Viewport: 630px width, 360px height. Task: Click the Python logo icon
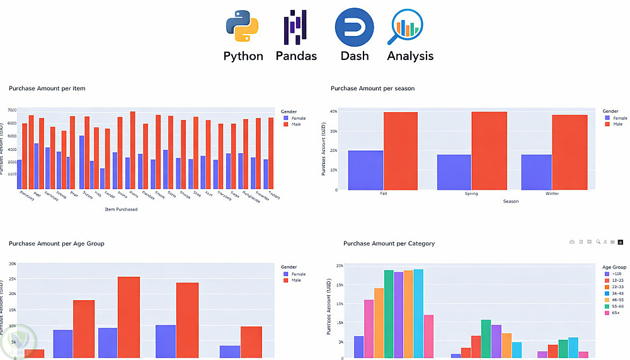click(243, 26)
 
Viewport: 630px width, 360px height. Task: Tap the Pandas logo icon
click(295, 26)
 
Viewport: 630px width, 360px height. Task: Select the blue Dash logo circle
click(354, 27)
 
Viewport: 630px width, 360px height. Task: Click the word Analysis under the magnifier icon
click(410, 56)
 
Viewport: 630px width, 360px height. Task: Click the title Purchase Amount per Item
click(47, 89)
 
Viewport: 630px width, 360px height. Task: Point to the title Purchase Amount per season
click(372, 89)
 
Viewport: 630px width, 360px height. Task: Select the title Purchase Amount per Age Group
click(57, 243)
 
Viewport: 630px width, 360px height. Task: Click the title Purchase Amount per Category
click(389, 243)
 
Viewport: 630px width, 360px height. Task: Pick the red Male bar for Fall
click(401, 151)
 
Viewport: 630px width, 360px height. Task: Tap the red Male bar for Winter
click(570, 152)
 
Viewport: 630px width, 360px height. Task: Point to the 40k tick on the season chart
click(334, 112)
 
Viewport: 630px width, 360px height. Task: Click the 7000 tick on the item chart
click(12, 110)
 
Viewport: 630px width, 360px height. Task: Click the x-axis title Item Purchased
click(121, 209)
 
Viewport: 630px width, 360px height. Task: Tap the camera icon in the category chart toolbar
click(572, 241)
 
